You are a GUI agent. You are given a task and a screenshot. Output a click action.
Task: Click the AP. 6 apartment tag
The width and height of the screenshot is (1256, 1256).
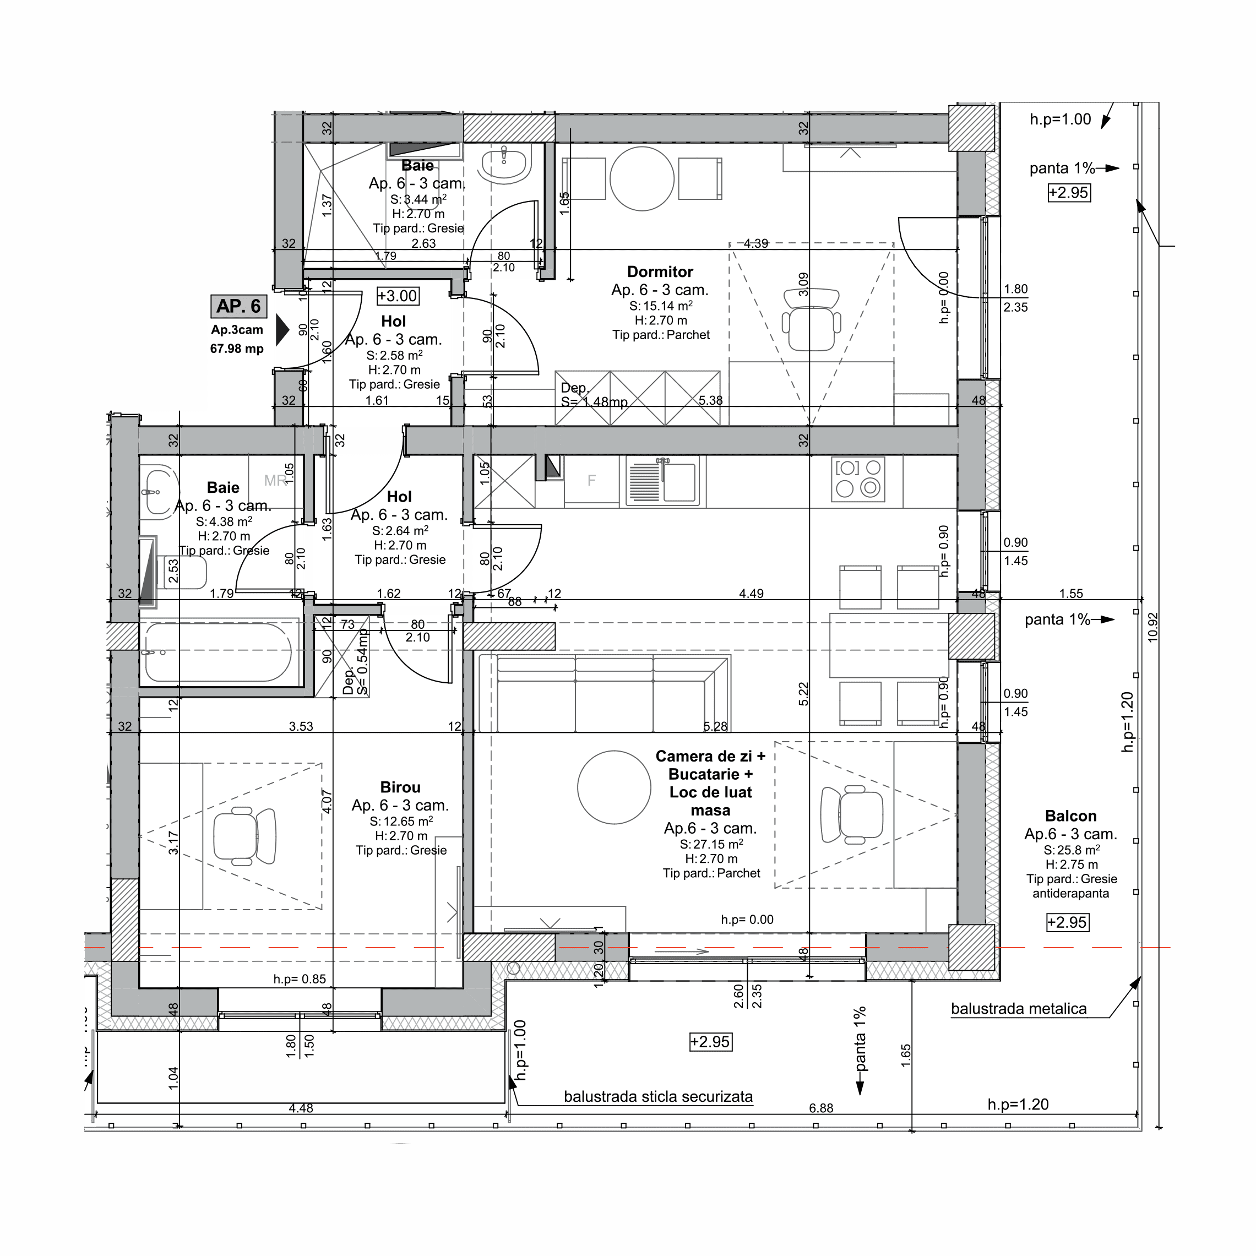(x=238, y=306)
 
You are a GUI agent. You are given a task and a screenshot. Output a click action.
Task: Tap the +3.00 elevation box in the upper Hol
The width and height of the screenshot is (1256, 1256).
(x=397, y=296)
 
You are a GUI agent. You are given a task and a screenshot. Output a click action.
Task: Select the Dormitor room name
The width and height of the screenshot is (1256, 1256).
(x=660, y=272)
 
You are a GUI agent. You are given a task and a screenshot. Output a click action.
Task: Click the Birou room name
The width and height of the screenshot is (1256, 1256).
(x=400, y=787)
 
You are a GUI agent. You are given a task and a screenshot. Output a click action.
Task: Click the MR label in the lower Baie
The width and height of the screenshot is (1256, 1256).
(x=275, y=480)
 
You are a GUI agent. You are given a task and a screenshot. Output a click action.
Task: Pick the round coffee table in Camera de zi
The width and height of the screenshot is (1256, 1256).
(x=614, y=787)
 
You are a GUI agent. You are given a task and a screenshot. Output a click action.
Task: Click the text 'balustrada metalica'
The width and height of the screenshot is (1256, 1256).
(x=1018, y=1009)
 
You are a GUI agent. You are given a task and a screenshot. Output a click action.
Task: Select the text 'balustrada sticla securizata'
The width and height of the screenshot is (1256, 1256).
(x=658, y=1097)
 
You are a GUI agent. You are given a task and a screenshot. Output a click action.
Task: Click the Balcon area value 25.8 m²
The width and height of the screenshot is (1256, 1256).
(x=1072, y=850)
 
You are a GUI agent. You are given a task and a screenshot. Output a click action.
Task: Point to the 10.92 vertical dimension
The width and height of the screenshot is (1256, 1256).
(x=1152, y=627)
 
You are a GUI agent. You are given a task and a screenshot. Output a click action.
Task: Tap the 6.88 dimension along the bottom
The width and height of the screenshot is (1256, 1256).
(x=821, y=1108)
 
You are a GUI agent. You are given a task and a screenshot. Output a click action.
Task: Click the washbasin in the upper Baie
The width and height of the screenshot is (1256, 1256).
(x=505, y=164)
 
